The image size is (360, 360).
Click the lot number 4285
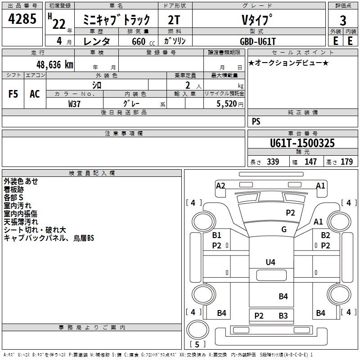[22, 19]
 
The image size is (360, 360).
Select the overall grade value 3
[343, 20]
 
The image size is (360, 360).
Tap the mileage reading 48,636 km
[54, 65]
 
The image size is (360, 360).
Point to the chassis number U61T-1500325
[302, 143]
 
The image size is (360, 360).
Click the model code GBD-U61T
[257, 41]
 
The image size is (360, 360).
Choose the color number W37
[74, 104]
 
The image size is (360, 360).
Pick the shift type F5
[13, 94]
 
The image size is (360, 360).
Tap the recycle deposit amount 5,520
[226, 104]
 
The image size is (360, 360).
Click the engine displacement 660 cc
[143, 41]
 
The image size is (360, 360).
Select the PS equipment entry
[256, 121]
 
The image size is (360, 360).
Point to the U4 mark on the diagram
[270, 262]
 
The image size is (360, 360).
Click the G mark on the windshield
[284, 229]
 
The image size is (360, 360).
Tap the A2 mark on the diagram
[220, 185]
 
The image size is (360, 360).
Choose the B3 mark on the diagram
[283, 316]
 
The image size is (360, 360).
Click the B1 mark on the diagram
[216, 235]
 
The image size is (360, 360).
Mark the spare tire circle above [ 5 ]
[198, 329]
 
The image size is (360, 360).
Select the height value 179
[346, 162]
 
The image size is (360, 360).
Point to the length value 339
[273, 162]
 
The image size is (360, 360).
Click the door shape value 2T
[174, 20]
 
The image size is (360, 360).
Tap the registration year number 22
[59, 24]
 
